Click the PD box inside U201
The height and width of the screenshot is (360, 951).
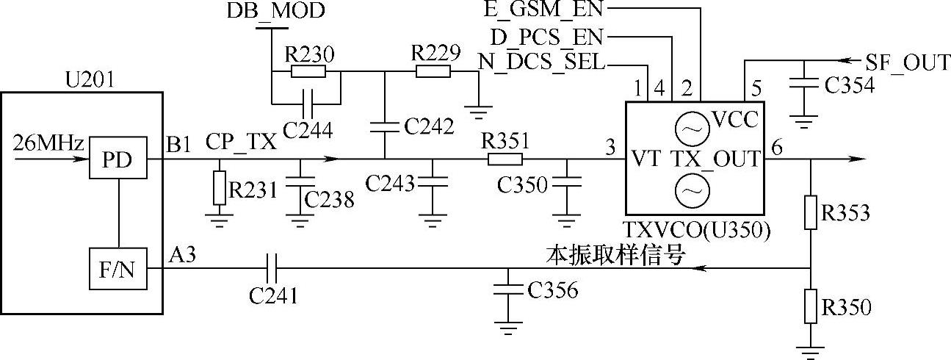(117, 159)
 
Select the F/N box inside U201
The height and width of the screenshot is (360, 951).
(117, 269)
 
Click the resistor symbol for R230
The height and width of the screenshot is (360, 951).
(308, 72)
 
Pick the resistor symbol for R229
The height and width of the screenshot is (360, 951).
(433, 72)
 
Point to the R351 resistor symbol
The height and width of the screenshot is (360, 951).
(505, 159)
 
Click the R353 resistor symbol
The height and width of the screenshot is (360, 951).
(810, 212)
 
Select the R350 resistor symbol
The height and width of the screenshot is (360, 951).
(810, 306)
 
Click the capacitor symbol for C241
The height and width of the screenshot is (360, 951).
(272, 269)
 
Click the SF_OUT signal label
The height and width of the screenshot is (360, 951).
(908, 62)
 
